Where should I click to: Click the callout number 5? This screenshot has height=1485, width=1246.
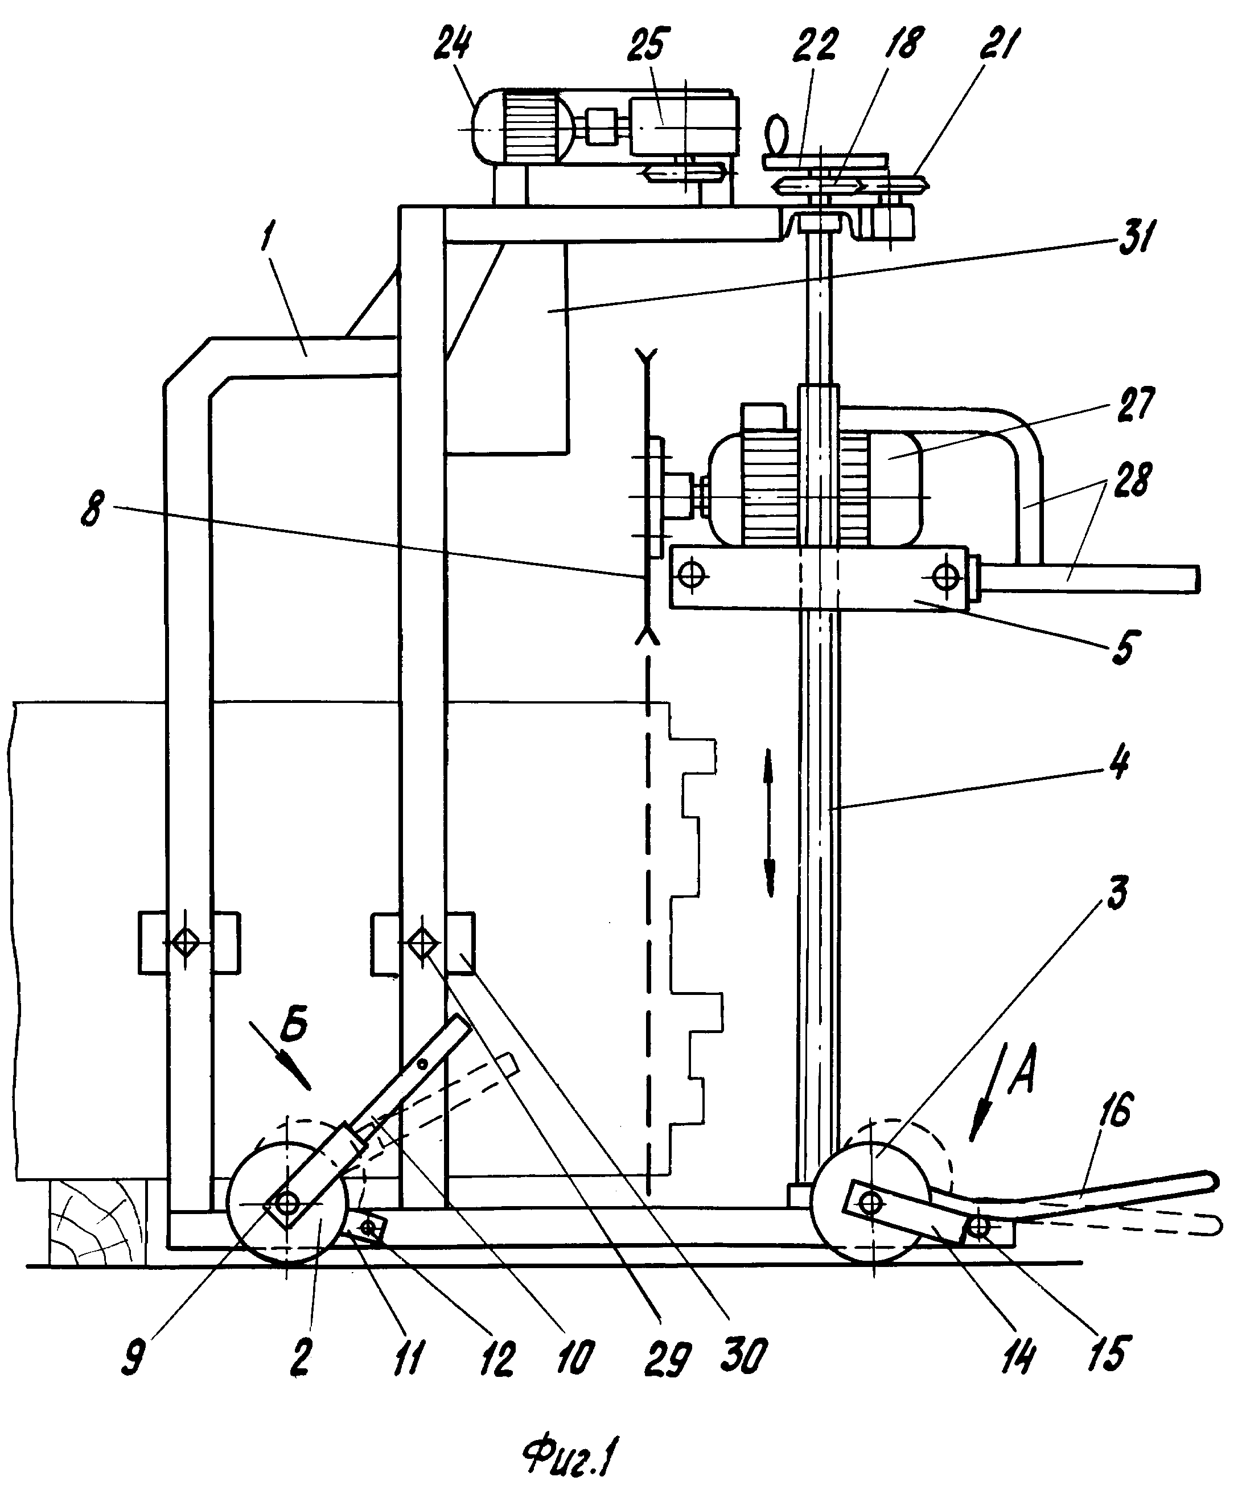click(x=1122, y=648)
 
